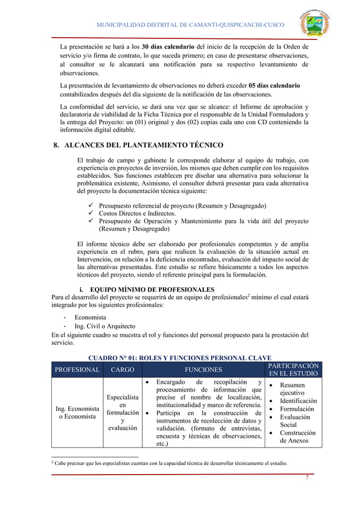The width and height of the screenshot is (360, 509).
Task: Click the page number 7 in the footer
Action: [x=306, y=478]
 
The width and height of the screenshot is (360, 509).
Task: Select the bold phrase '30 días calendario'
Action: [x=168, y=46]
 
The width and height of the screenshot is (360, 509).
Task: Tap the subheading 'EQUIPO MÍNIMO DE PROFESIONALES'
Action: [x=152, y=290]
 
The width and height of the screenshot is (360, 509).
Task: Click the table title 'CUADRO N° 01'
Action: [x=180, y=357]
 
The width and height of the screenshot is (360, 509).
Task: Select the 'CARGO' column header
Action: [x=122, y=370]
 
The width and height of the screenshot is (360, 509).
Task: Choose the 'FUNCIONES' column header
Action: [x=204, y=370]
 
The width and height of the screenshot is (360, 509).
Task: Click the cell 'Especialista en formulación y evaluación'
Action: [x=122, y=413]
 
